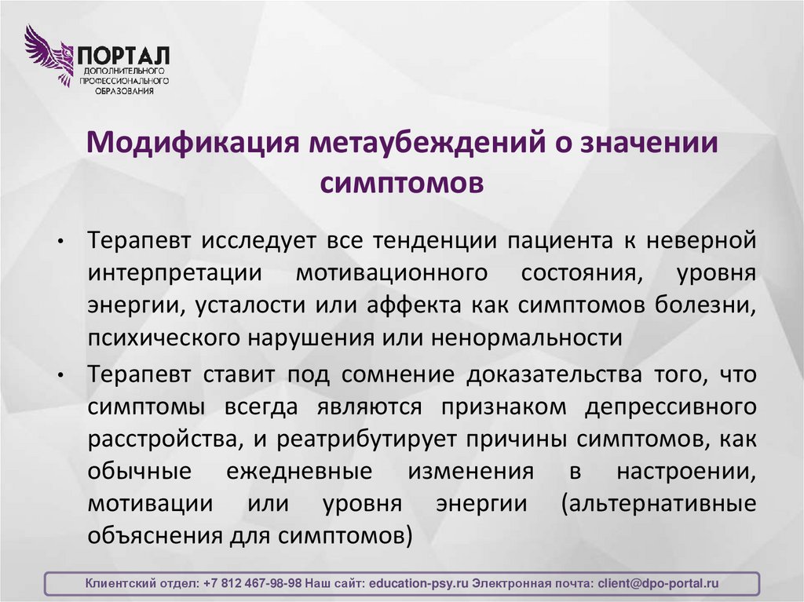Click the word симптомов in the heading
401,183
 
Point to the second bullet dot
59,376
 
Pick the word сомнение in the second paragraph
397,374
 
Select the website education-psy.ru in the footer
418,584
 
